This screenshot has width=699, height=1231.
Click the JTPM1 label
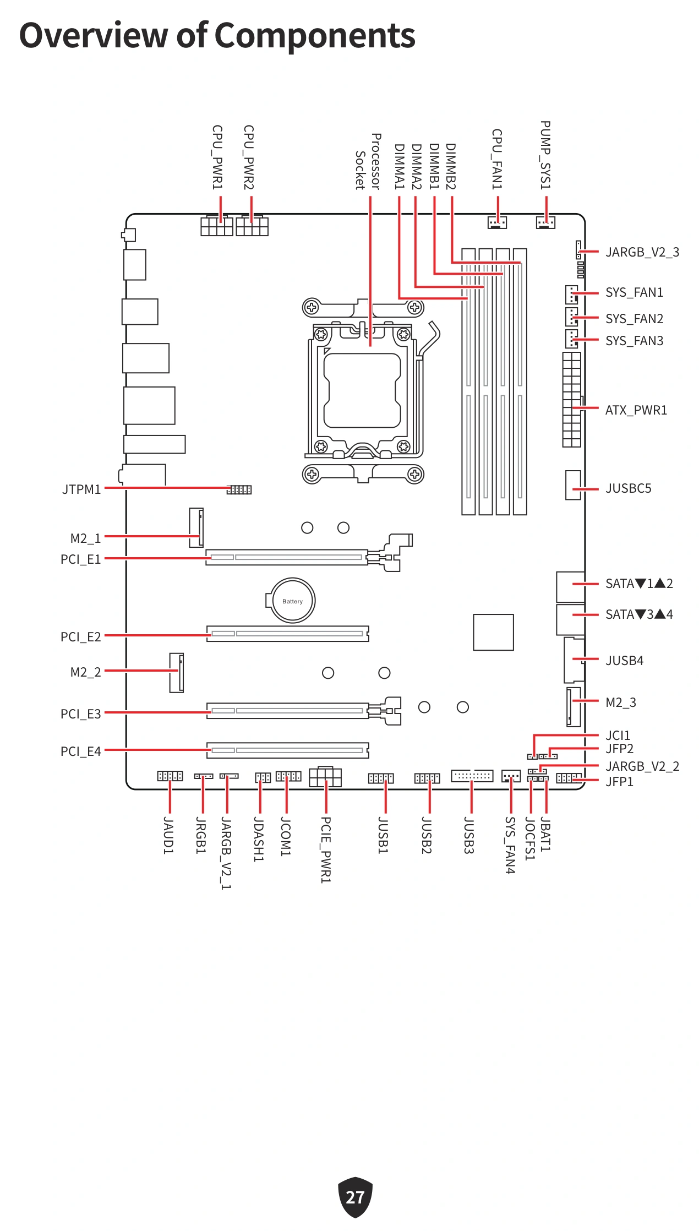coord(81,489)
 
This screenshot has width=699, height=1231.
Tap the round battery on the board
coord(292,601)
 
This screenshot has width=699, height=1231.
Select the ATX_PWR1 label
coord(636,410)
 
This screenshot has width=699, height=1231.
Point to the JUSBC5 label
coord(629,488)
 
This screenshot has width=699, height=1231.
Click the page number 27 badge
coord(355,1196)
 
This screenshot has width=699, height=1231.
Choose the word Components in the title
coord(315,35)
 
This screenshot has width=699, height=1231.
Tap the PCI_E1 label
coord(81,559)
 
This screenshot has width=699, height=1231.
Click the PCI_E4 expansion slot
coord(288,750)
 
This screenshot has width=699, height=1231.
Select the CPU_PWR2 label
coord(249,157)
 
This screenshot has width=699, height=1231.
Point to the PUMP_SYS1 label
coord(545,155)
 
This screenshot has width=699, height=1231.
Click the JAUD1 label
coord(168,836)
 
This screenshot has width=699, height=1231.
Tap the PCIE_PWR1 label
coord(326,850)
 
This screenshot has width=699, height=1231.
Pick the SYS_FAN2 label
coord(635,319)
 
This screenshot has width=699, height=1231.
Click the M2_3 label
coord(621,702)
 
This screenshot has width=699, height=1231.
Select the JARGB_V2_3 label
coord(642,252)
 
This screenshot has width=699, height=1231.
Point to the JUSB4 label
coord(625,661)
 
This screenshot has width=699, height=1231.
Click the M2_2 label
coord(86,672)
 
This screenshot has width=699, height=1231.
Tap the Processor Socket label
coord(368,161)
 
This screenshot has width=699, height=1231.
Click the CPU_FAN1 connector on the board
coord(497,222)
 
